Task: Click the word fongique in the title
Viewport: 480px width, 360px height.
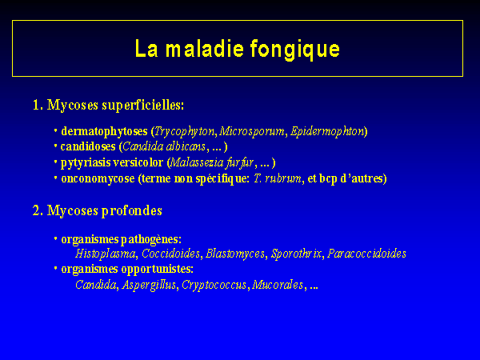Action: [294, 50]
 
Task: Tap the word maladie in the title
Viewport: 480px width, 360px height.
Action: [205, 48]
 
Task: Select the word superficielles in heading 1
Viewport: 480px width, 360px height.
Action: [143, 106]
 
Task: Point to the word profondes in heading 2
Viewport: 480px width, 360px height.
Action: [132, 211]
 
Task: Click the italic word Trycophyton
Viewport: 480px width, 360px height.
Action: [185, 132]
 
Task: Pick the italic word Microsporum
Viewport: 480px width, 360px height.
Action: [252, 131]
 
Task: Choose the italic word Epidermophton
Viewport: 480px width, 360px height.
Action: [327, 132]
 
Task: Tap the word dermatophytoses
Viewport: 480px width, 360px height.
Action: [104, 132]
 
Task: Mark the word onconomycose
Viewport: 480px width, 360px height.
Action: [98, 178]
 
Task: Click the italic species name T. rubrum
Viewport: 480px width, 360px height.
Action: [278, 178]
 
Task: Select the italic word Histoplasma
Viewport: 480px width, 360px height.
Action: [106, 254]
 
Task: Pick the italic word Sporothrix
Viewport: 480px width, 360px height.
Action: [296, 254]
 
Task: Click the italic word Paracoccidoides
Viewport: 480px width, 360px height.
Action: [366, 254]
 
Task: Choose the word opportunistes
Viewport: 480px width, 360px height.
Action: [158, 270]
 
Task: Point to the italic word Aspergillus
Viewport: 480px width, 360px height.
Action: [149, 285]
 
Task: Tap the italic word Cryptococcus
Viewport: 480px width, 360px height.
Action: [214, 285]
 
